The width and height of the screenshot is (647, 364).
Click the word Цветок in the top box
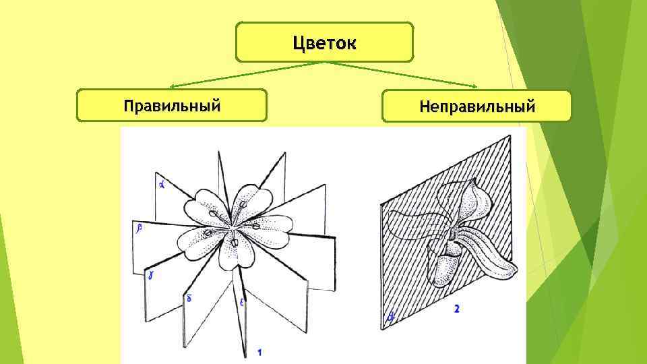[324, 43]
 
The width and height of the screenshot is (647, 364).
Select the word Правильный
[172, 105]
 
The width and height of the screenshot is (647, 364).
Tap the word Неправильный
[476, 106]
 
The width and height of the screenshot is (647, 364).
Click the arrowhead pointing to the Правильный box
[173, 87]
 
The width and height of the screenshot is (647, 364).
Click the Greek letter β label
[139, 229]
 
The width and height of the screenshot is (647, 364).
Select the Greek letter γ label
[152, 274]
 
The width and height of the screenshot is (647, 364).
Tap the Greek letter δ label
[189, 297]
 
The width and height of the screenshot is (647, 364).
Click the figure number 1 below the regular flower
[259, 351]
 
